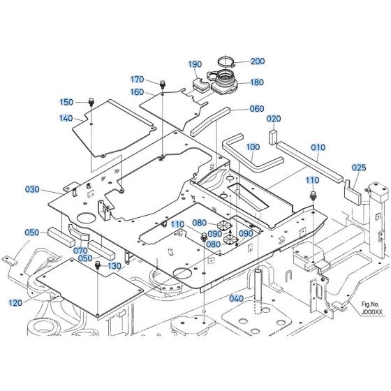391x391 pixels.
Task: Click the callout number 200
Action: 258,61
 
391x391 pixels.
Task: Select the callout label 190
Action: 194,64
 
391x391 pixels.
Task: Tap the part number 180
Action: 257,82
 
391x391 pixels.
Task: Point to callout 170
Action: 137,80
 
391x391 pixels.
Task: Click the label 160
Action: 137,92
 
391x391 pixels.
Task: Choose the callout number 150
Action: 85,102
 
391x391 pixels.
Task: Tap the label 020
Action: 274,119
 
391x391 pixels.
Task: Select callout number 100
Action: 253,147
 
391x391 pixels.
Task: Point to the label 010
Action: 318,148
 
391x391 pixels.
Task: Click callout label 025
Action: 359,168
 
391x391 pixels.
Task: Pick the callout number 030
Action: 33,190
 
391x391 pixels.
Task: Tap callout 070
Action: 80,250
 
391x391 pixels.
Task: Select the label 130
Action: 115,266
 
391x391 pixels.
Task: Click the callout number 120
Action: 15,303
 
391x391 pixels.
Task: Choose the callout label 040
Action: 237,299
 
